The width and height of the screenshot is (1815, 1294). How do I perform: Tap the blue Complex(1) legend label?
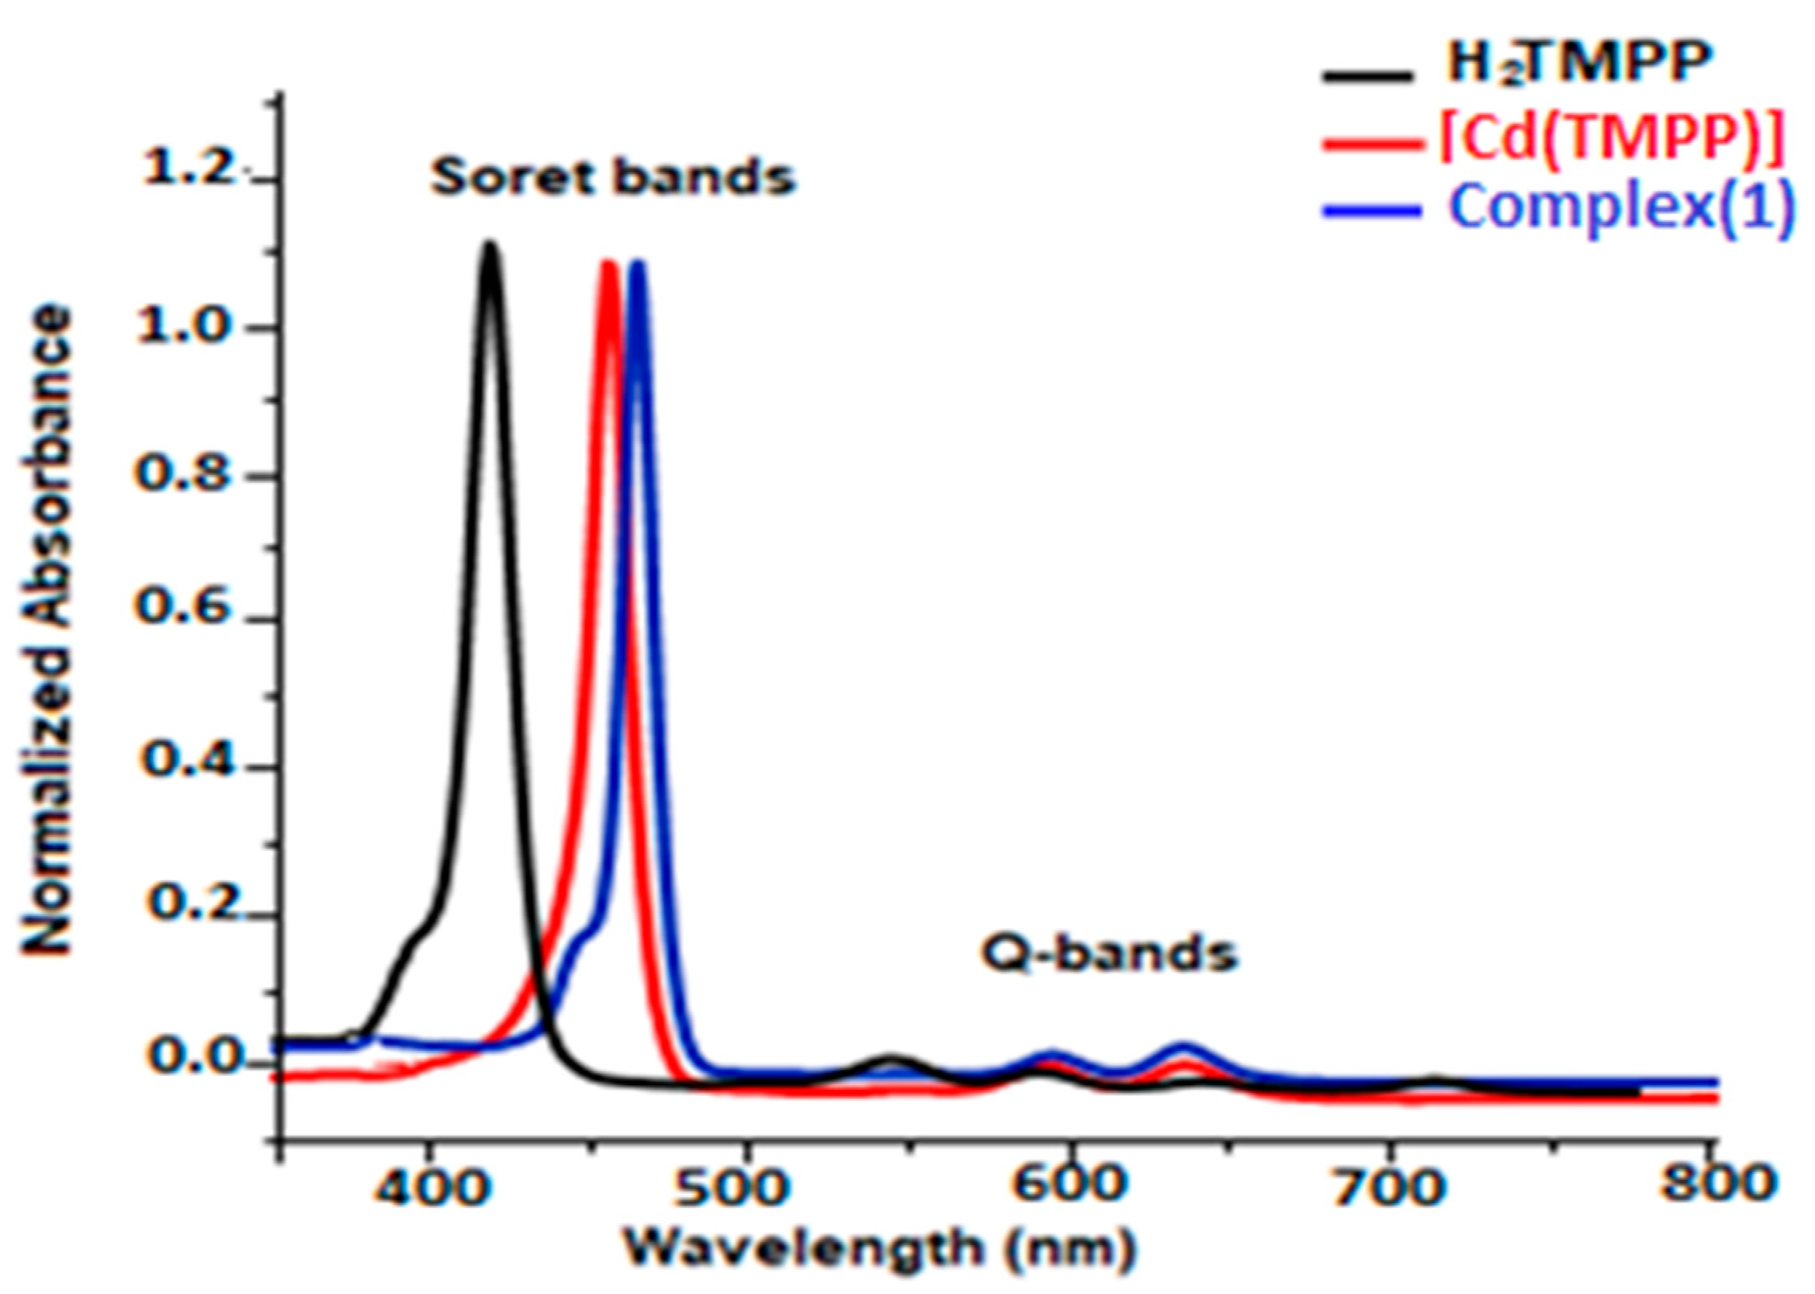click(1621, 209)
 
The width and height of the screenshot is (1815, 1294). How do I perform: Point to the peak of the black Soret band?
click(490, 245)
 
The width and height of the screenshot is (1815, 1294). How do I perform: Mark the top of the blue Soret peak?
click(637, 263)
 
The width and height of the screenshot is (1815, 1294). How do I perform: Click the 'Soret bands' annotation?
click(613, 177)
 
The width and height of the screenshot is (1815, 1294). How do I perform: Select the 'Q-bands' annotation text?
click(1109, 954)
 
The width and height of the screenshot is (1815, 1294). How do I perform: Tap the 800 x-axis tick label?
click(1717, 1181)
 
